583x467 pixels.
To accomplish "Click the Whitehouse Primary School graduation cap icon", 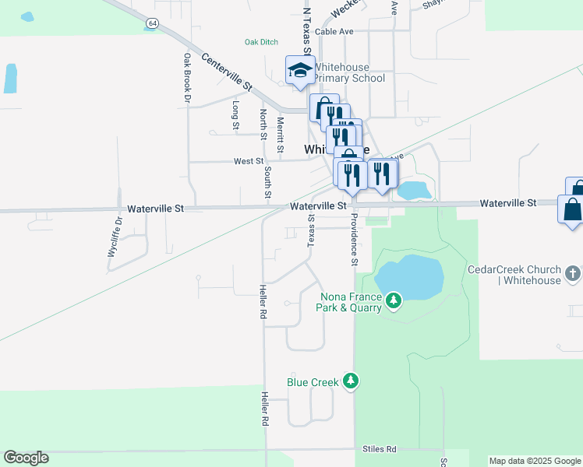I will [x=299, y=71].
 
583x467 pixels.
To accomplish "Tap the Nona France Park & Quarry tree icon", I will [x=394, y=300].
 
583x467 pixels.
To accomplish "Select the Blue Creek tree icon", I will [x=352, y=381].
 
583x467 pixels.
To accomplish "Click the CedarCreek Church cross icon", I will [x=573, y=274].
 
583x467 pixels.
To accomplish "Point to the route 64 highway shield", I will [x=151, y=24].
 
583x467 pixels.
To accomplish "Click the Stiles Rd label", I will [x=380, y=450].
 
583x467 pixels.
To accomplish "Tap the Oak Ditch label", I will [x=261, y=42].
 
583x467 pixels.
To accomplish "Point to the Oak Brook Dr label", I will [x=187, y=78].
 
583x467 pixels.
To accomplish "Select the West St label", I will [x=249, y=161].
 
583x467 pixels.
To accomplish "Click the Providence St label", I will [x=353, y=239].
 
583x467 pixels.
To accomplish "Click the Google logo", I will [x=26, y=458].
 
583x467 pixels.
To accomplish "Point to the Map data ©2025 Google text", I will [x=534, y=461].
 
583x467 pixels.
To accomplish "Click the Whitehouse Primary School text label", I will [x=349, y=73].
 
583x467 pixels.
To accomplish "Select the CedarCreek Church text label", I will [x=514, y=275].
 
